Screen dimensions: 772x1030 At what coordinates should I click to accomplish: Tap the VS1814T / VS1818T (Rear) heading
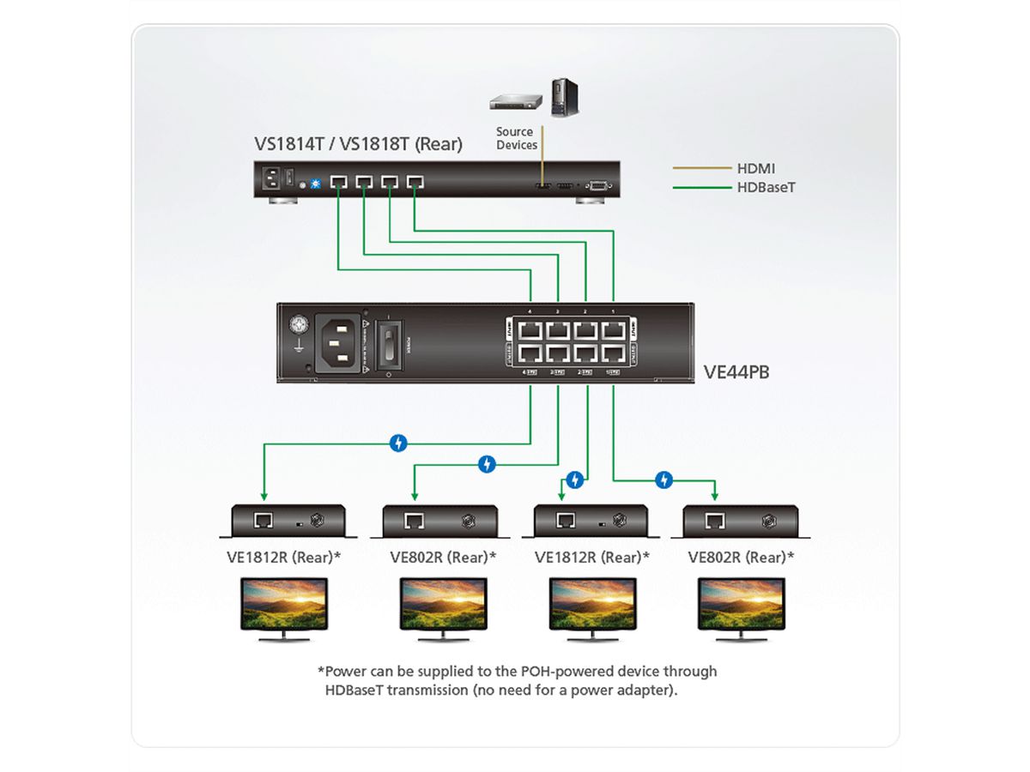[358, 144]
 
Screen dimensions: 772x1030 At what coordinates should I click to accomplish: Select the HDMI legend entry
[755, 169]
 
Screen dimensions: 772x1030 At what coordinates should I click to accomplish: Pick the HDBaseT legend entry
[766, 186]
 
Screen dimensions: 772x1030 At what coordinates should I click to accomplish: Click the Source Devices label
[515, 138]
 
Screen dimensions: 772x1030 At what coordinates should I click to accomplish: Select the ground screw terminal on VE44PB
[298, 326]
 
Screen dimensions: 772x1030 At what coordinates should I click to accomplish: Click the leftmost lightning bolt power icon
[398, 443]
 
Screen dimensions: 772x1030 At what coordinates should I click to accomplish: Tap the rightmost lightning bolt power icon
[663, 479]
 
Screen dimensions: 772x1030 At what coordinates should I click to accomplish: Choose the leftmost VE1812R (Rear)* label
[283, 557]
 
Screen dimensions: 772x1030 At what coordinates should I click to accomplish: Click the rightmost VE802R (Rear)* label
[741, 557]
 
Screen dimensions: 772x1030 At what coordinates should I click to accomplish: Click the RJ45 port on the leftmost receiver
[264, 520]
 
